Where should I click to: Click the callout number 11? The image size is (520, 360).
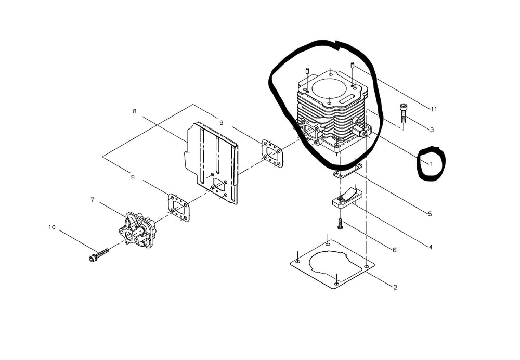434,109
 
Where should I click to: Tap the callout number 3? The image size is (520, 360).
432,130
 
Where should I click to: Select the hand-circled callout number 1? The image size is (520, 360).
431,164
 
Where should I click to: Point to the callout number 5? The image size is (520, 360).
430,214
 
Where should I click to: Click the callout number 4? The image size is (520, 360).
431,247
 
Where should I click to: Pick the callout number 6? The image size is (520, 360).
395,250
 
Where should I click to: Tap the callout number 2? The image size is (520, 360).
395,287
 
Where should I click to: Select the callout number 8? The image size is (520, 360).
134,111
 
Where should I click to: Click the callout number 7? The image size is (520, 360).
92,200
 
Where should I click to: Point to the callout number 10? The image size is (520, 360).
52,227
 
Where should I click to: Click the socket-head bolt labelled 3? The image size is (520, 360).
403,113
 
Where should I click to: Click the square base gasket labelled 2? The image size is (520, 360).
332,264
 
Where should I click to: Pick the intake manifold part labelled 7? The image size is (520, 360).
136,229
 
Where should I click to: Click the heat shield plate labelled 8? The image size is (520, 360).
211,163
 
